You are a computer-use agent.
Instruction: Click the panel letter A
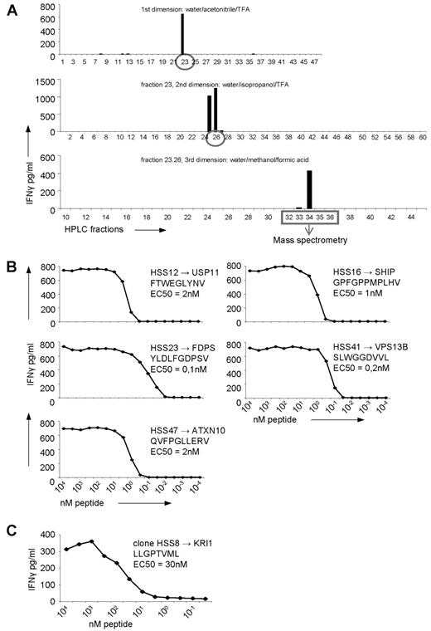point(11,7)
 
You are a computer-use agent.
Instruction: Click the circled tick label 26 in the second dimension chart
point(215,137)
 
